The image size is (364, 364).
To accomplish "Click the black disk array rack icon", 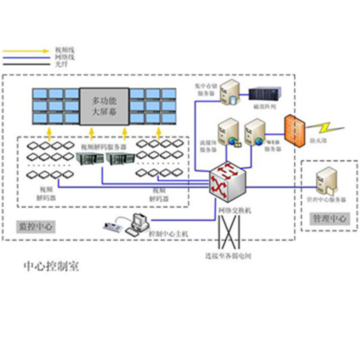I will coord(265,94).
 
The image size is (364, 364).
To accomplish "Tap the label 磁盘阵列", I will coord(265,107).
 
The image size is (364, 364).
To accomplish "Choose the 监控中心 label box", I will coord(35,226).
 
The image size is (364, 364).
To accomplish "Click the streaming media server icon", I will coord(227,132).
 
